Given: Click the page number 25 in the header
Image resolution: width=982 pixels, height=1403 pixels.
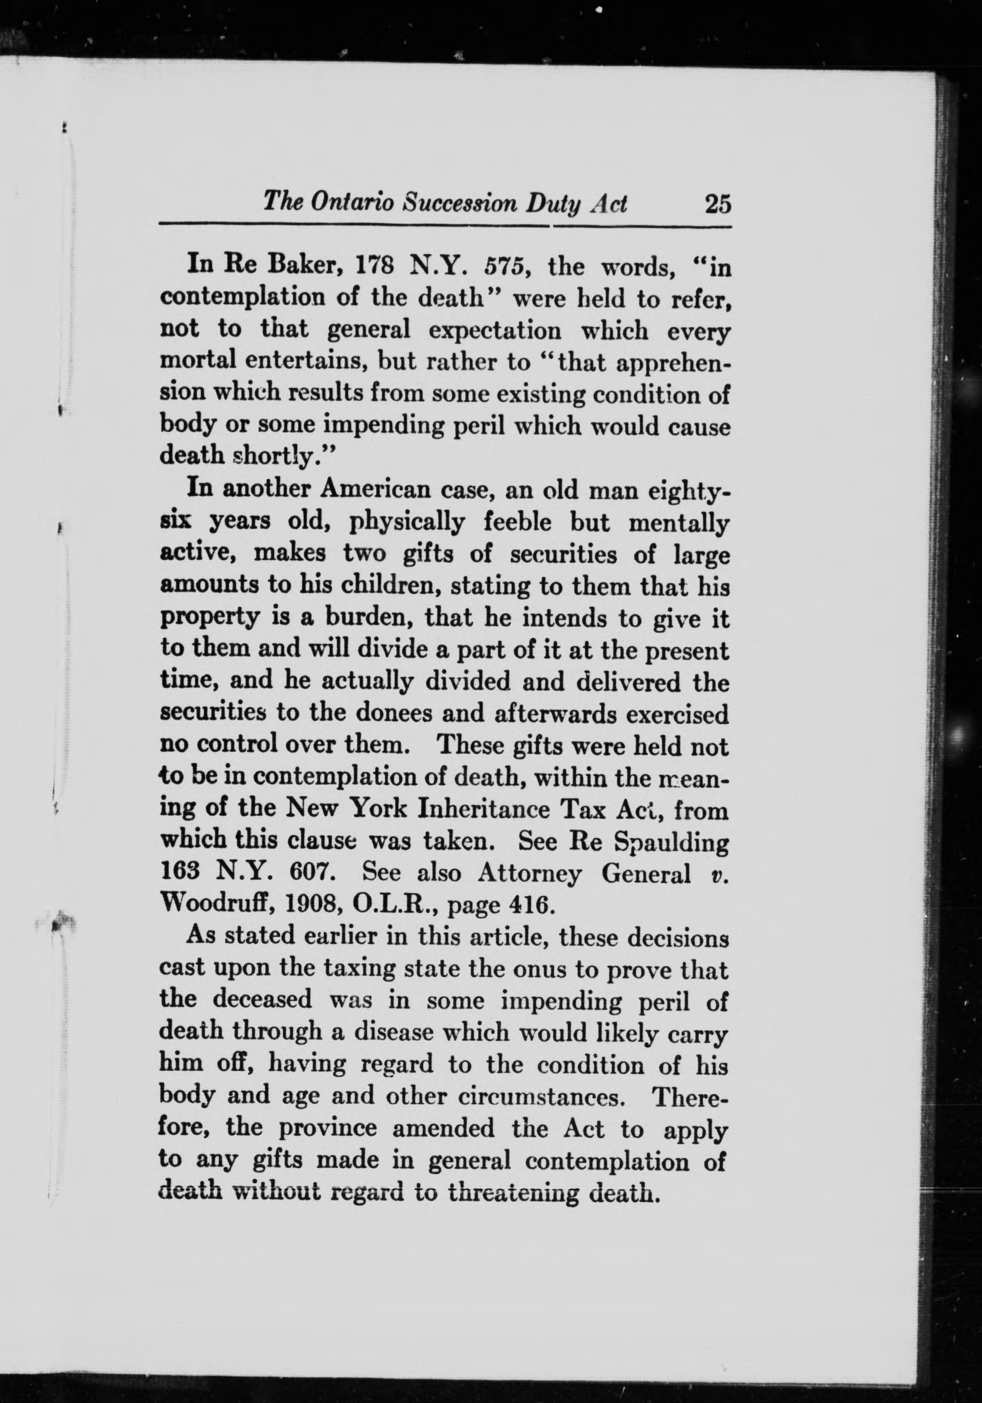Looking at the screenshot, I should pos(717,203).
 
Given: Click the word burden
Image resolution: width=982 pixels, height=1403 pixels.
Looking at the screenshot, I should pos(369,618).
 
